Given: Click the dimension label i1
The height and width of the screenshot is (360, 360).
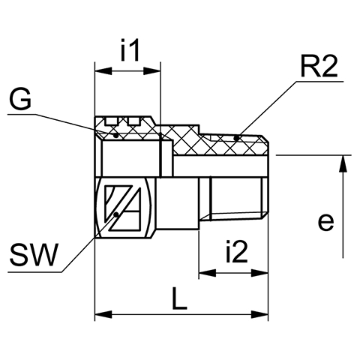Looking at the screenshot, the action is [x=130, y=49].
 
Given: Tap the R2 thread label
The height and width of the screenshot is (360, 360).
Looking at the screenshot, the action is [x=319, y=66].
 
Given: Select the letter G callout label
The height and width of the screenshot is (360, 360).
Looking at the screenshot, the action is [x=20, y=100].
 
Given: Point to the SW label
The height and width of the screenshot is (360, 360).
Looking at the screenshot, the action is [x=34, y=255].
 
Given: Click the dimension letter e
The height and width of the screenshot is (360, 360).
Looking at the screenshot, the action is [x=326, y=221].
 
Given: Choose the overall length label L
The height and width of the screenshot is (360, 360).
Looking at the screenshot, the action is [x=179, y=298].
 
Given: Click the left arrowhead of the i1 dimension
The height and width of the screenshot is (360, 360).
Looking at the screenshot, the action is [x=103, y=71].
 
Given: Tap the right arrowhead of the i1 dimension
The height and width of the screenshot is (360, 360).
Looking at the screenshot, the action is [x=151, y=71].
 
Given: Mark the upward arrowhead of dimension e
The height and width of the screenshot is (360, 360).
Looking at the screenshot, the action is [x=343, y=163].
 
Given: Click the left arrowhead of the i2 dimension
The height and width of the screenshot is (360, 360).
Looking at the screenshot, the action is [x=207, y=273].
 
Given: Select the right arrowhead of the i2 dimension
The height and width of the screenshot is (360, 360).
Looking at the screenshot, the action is [x=259, y=273].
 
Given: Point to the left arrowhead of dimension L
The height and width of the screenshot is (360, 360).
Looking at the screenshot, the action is [x=103, y=314].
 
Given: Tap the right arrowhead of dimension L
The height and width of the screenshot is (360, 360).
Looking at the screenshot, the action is [x=259, y=314].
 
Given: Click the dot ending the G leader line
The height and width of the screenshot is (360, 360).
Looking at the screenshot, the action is [x=115, y=135].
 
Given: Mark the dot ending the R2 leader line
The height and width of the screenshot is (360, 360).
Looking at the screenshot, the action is [x=236, y=137].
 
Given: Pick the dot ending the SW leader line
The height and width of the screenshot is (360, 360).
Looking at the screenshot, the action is [x=116, y=214].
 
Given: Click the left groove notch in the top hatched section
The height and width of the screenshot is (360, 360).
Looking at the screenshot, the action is [x=112, y=121].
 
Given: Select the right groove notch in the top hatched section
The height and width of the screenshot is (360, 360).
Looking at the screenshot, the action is [x=133, y=121].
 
